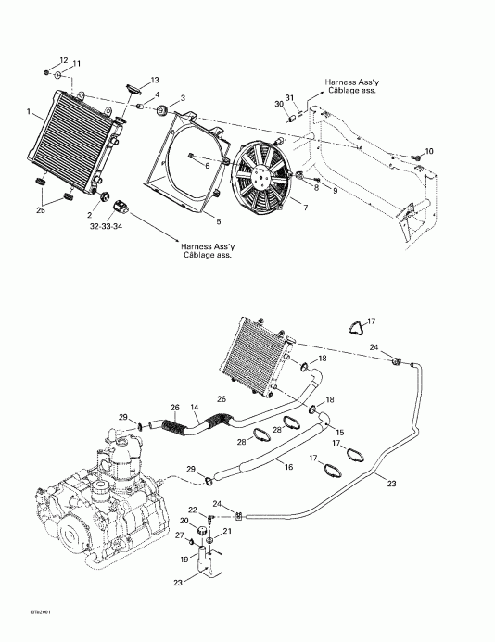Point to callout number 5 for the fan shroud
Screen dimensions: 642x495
pyautogui.click(x=218, y=221)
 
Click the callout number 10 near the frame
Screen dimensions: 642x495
pyautogui.click(x=428, y=151)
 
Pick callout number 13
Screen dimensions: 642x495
pyautogui.click(x=155, y=80)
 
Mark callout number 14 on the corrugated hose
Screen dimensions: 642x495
pyautogui.click(x=195, y=407)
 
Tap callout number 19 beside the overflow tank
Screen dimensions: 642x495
pyautogui.click(x=184, y=560)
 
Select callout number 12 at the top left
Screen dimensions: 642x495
pyautogui.click(x=64, y=58)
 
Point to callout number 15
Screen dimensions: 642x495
pyautogui.click(x=339, y=433)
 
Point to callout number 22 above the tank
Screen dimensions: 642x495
pyautogui.click(x=193, y=510)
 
